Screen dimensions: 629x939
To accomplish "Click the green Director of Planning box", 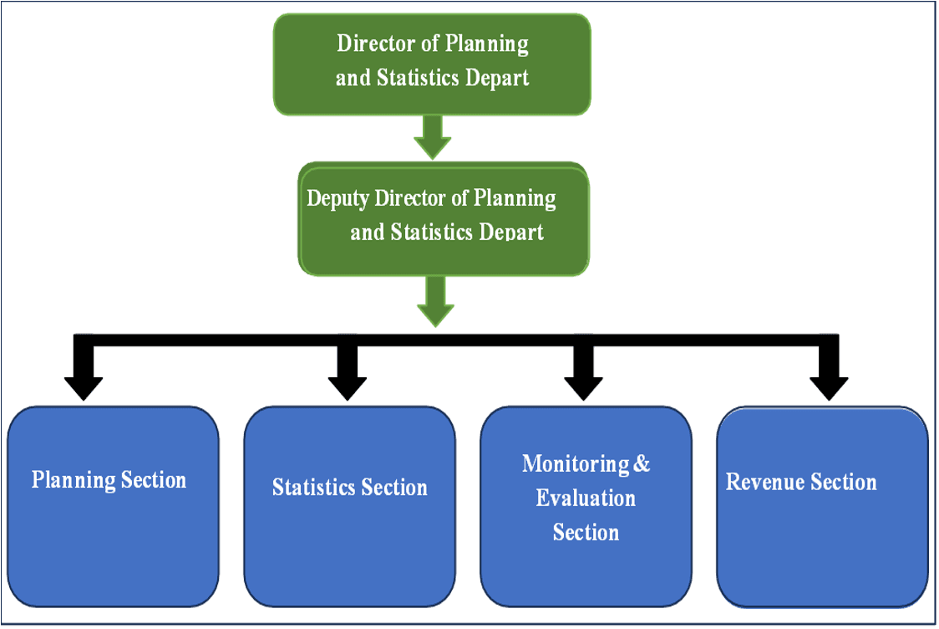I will coord(432,63).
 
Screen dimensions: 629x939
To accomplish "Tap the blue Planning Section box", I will coord(113,506).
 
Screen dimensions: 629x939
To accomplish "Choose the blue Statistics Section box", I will coord(349,506).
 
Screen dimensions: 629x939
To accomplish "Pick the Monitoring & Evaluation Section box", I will coord(586,506).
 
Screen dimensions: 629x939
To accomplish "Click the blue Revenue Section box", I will coord(822,506).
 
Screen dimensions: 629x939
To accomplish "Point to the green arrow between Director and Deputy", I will coord(433,136).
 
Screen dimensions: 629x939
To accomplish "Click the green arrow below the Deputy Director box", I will coord(435,302).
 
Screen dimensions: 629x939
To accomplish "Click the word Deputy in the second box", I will coord(338,199).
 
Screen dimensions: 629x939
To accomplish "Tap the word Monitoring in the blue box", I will coord(576,464).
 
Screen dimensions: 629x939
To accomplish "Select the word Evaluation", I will coord(586,499).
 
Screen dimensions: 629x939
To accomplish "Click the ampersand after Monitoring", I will coord(642,464).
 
